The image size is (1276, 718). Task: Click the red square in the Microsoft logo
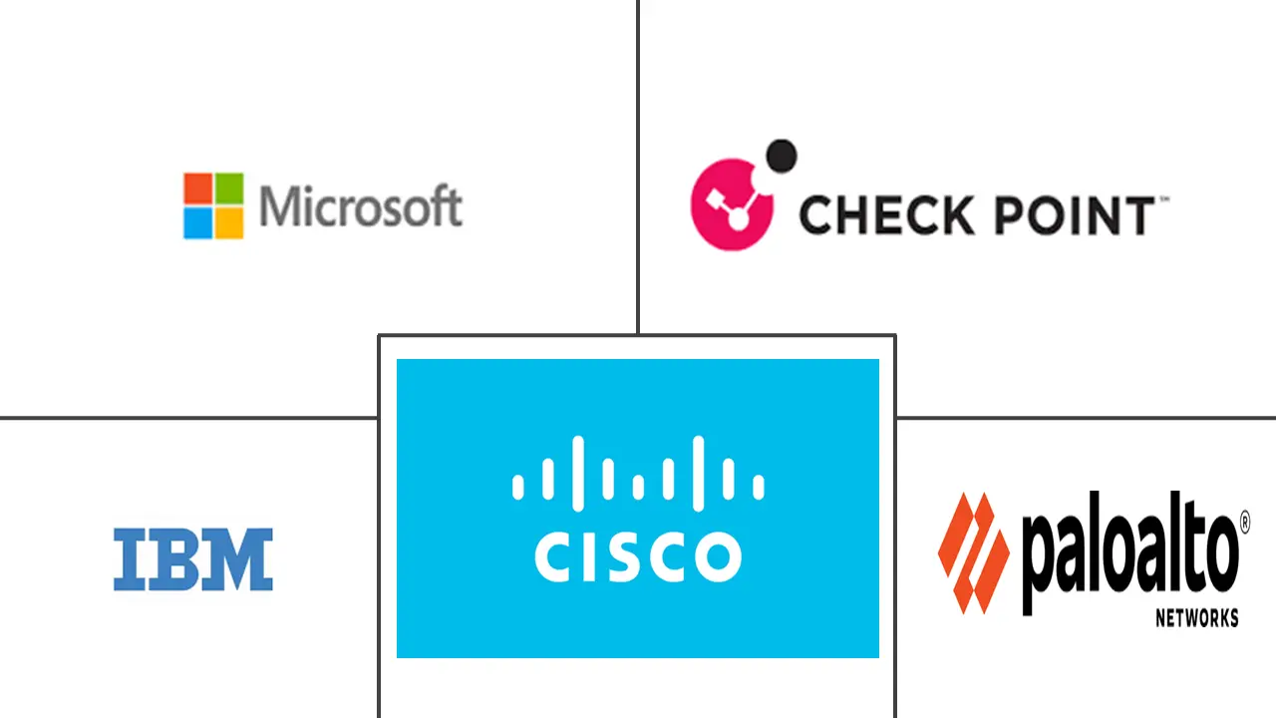197,187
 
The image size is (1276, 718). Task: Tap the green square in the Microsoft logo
228,187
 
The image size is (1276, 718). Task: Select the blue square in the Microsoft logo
197,222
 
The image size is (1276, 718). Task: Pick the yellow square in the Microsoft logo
228,222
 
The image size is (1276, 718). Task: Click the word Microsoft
360,206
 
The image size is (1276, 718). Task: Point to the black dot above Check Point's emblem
782,156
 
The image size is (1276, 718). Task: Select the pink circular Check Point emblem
731,204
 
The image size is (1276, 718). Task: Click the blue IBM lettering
192,559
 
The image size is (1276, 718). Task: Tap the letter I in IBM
126,559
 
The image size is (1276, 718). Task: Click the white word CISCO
637,557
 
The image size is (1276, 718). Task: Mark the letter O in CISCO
717,557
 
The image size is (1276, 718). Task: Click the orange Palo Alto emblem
973,551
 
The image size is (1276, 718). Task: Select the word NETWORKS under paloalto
1196,618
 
